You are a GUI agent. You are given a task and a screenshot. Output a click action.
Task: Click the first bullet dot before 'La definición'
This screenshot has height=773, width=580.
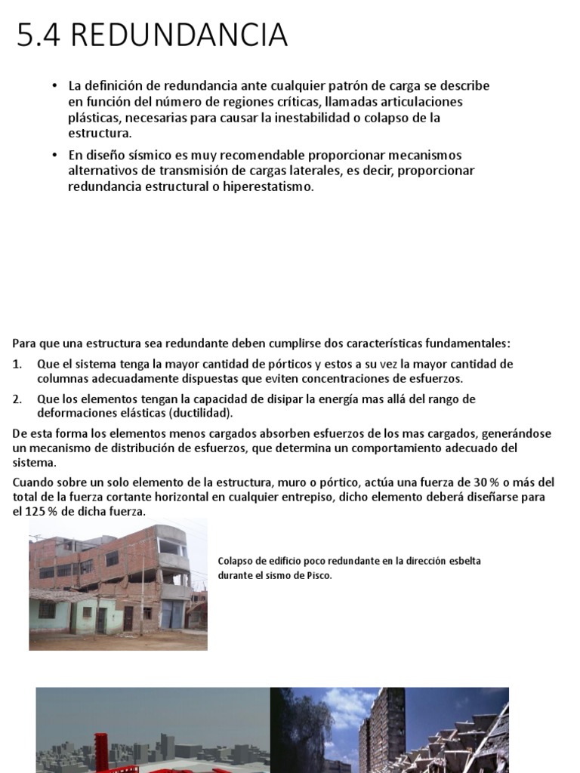pos(55,86)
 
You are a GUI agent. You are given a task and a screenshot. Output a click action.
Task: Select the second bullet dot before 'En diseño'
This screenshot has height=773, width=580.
pos(55,155)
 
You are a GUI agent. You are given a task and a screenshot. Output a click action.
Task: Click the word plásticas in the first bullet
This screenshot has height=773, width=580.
pos(93,118)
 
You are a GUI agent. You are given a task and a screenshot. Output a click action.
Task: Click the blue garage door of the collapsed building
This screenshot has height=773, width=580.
pos(172,612)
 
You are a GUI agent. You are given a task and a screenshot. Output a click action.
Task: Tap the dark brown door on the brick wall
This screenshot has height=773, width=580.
pos(128,617)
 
